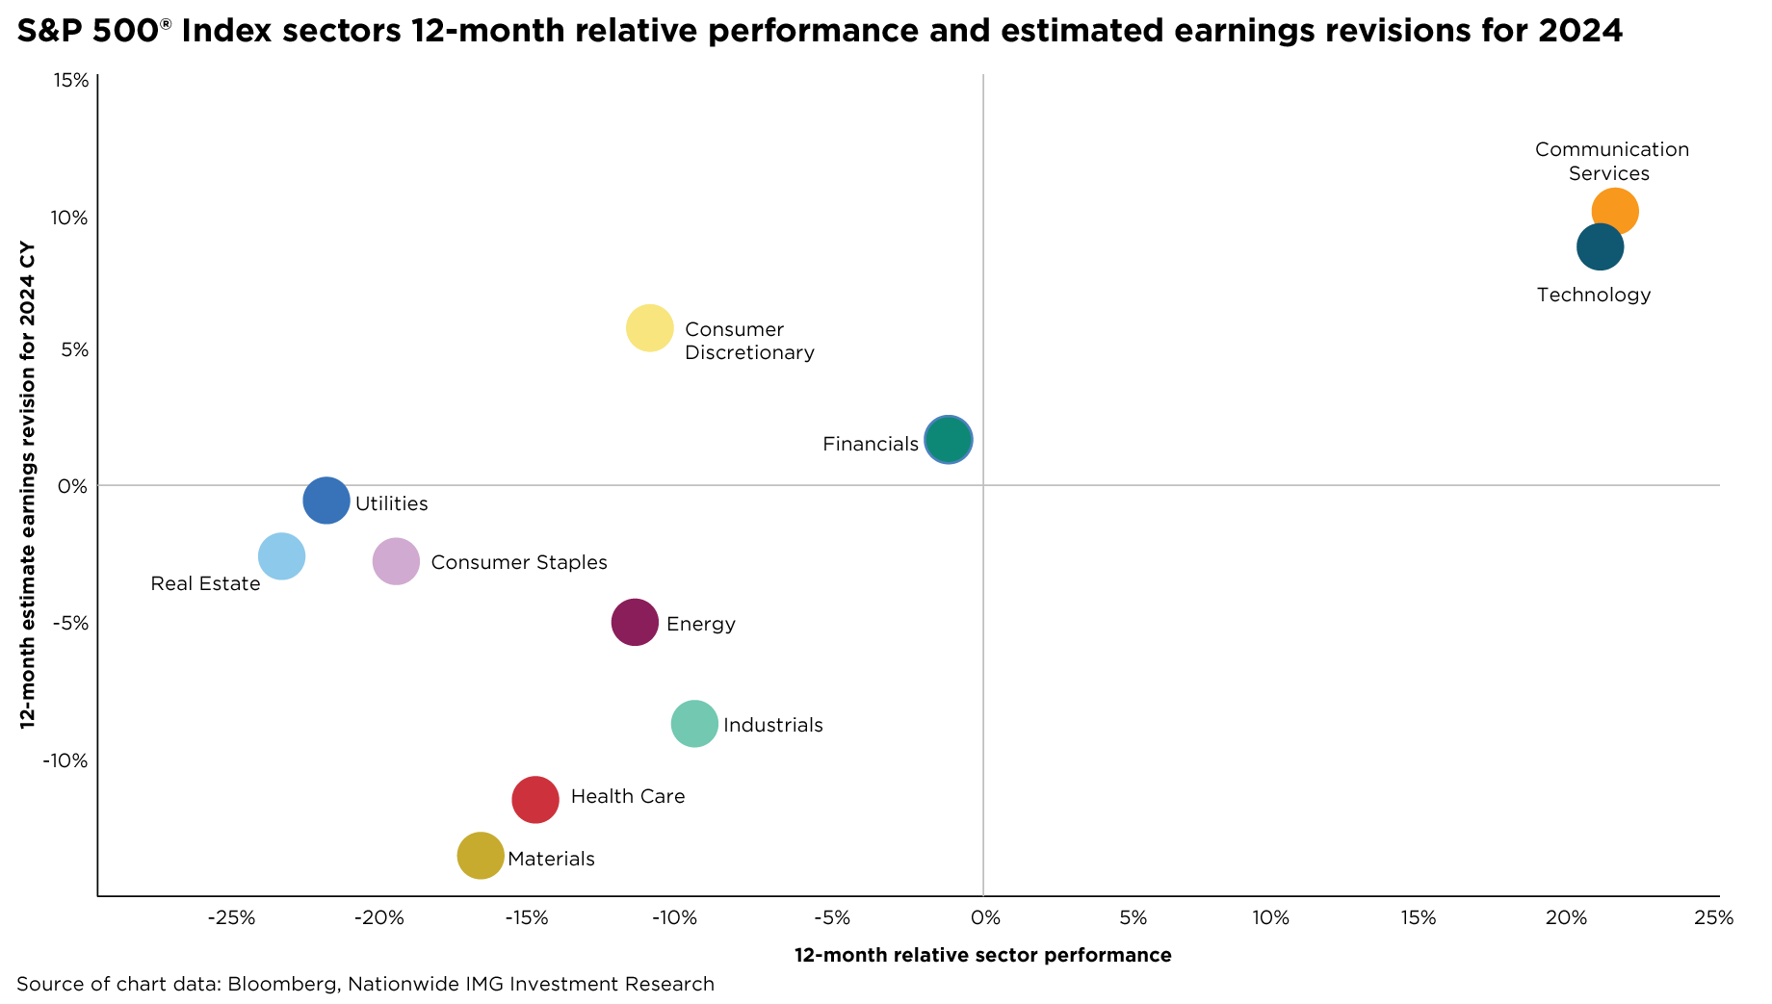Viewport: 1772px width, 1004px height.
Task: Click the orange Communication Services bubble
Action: (x=1615, y=212)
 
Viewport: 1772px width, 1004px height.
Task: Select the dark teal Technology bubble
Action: (x=1600, y=247)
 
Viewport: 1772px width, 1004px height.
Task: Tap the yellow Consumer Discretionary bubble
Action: (x=650, y=328)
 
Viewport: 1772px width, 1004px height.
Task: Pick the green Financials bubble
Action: (x=948, y=439)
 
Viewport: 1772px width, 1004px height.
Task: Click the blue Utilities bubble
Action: (x=326, y=501)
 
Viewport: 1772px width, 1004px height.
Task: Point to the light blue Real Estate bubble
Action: (x=282, y=556)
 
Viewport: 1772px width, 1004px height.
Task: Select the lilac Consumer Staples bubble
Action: (x=396, y=561)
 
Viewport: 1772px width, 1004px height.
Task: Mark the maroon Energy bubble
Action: (x=635, y=622)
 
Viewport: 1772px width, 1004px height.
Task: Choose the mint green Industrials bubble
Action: (x=694, y=724)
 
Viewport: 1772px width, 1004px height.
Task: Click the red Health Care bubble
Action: (x=535, y=799)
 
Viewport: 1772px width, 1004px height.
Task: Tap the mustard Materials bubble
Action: (x=481, y=856)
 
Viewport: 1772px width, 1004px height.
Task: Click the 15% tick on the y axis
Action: (x=71, y=80)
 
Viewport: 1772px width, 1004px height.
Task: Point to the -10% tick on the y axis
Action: (x=65, y=760)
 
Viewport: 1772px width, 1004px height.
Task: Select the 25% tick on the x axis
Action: (x=1713, y=918)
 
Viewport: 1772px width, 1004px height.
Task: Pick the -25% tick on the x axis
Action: (x=232, y=918)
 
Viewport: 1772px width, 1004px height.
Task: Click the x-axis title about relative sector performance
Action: (x=982, y=956)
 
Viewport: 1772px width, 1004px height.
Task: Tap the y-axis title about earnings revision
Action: (x=29, y=485)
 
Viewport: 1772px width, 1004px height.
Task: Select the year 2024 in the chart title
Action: (x=1579, y=32)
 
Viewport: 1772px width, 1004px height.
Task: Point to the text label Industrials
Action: (x=773, y=726)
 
